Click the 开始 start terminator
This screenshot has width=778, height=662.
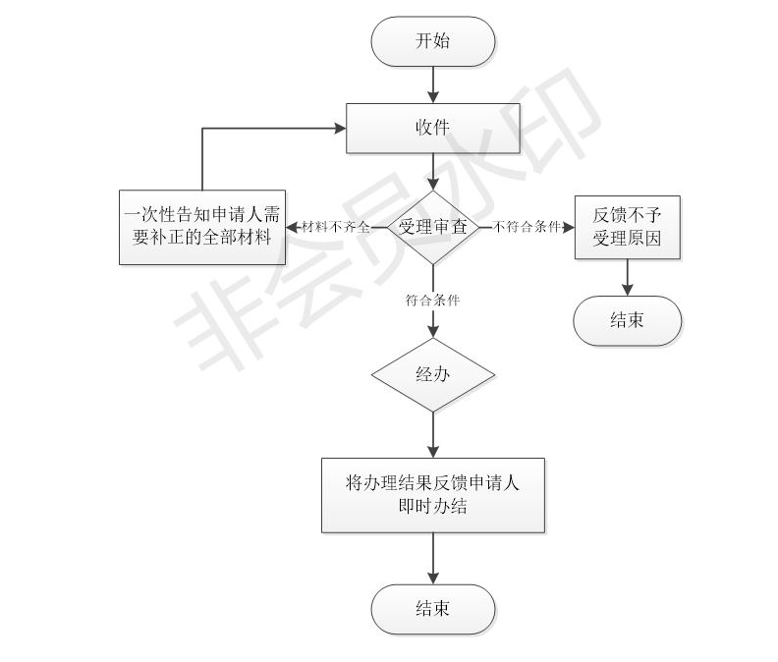tap(432, 41)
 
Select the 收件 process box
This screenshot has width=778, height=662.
tap(432, 128)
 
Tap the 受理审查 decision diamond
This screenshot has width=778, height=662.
tap(433, 227)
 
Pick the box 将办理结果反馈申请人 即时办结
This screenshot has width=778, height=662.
tap(433, 495)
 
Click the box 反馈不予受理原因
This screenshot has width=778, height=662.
tap(627, 227)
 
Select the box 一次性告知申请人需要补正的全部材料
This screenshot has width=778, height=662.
tap(202, 227)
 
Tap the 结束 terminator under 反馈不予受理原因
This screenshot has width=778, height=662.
tap(627, 320)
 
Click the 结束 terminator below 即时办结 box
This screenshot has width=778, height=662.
tap(432, 609)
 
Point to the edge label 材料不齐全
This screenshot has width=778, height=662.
tap(336, 227)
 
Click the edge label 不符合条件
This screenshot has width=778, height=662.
tap(527, 227)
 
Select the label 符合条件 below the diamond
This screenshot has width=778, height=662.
tap(433, 301)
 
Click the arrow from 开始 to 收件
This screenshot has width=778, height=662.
tap(433, 84)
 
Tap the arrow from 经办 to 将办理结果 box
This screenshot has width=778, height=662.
tap(433, 434)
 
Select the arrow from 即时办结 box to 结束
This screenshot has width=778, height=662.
tap(433, 558)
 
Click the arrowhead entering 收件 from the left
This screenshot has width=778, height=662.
tap(339, 128)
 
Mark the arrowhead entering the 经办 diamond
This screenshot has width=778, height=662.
tap(433, 332)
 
